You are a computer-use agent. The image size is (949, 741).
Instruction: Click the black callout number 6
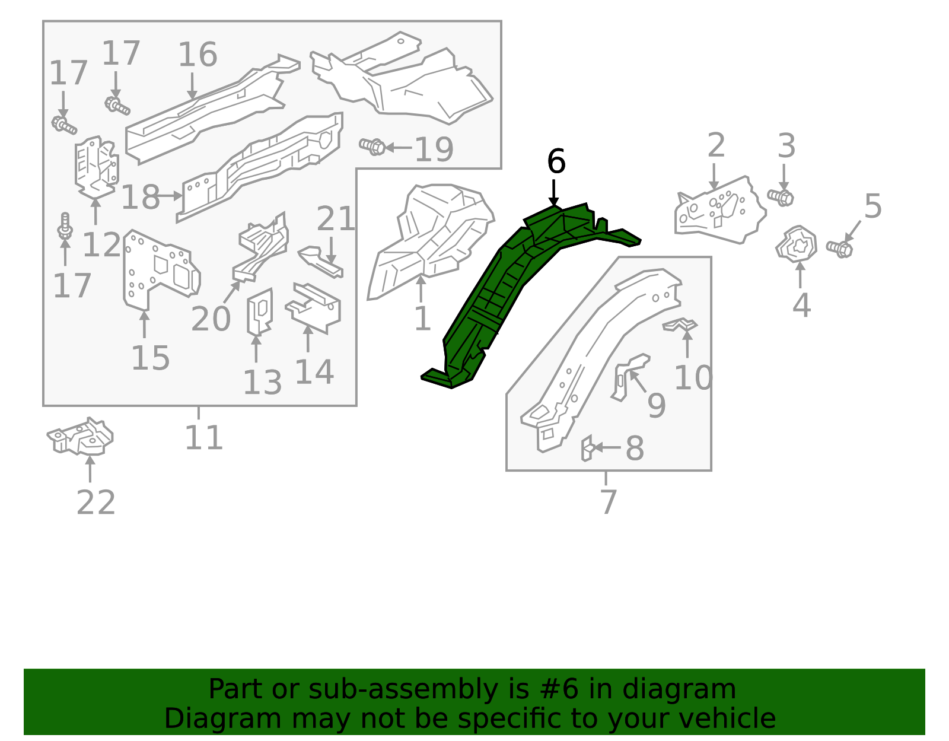click(x=556, y=162)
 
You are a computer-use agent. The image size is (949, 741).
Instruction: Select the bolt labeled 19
click(x=372, y=146)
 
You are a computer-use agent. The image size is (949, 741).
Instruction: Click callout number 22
click(x=95, y=503)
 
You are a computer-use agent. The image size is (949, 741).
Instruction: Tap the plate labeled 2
click(x=718, y=211)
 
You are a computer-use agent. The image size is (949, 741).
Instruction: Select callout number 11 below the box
click(x=203, y=438)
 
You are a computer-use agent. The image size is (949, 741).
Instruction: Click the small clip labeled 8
click(x=587, y=447)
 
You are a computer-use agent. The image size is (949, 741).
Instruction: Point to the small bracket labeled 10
click(x=680, y=325)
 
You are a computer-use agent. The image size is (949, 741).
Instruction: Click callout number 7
click(x=609, y=502)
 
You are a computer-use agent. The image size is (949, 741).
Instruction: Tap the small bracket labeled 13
click(x=260, y=312)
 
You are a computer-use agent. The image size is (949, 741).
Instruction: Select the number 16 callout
click(x=198, y=55)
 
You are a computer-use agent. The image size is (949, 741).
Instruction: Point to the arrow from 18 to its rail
click(x=171, y=195)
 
